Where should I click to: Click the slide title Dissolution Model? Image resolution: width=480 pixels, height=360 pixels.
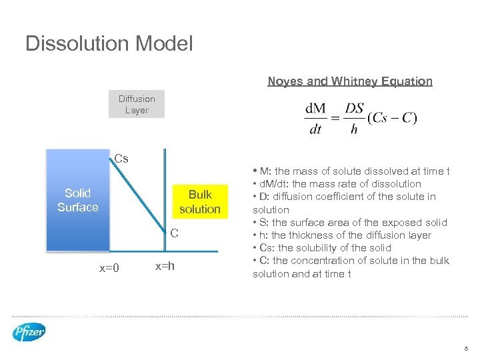109,44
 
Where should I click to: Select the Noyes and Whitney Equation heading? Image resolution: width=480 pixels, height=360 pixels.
350,81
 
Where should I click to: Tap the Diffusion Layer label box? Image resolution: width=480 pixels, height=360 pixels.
137,105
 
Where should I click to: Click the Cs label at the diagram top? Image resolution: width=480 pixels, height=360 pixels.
121,159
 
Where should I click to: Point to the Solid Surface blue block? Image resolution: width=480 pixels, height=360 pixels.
77,201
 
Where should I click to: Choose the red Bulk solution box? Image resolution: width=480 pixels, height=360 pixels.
199,201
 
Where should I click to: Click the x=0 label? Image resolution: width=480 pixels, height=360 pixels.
109,268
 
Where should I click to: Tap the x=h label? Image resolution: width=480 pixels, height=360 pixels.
165,266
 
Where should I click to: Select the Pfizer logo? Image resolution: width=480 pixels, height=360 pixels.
29,331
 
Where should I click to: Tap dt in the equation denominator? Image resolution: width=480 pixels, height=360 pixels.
315,129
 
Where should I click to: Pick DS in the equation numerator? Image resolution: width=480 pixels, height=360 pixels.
354,109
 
